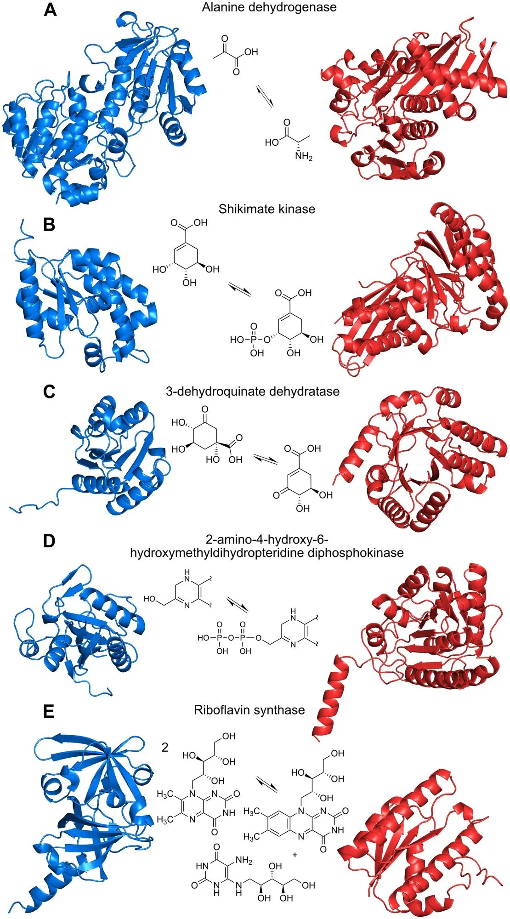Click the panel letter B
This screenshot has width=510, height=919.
click(x=49, y=225)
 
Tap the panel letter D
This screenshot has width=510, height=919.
click(x=49, y=541)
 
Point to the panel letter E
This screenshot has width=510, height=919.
click(x=49, y=712)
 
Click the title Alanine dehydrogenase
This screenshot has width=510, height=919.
click(x=269, y=7)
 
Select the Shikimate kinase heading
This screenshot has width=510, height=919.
click(x=267, y=209)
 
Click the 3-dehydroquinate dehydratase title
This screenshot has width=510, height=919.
click(x=253, y=391)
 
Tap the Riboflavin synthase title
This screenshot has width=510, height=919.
click(x=249, y=710)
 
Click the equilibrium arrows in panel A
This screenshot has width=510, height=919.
click(x=266, y=96)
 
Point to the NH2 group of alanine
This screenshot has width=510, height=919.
click(x=304, y=156)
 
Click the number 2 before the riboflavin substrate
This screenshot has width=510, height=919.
click(x=165, y=748)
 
